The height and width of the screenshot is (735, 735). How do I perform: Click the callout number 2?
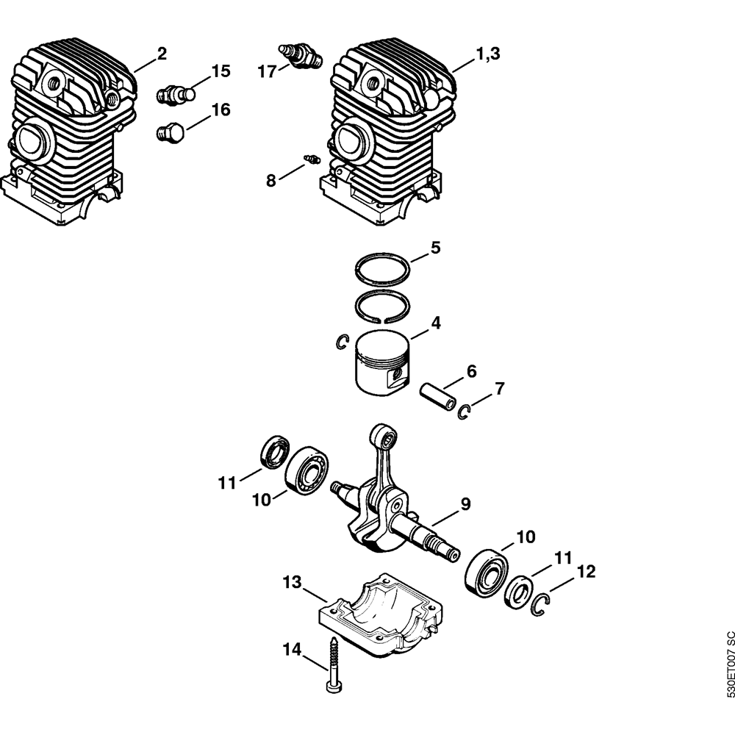pos(162,54)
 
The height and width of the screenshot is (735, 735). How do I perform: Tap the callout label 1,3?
pos(488,54)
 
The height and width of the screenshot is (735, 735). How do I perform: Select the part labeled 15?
pos(176,94)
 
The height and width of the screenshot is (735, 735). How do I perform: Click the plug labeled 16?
pos(170,132)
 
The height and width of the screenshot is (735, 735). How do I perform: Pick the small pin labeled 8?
pos(312,159)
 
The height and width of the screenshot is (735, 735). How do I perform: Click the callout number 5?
pos(435,248)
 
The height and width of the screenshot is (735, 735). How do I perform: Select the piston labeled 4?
pos(382,362)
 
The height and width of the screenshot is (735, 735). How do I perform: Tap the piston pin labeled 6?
pos(438,397)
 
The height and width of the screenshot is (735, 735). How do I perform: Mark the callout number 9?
pos(465,504)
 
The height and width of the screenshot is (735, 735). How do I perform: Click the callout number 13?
pos(292,583)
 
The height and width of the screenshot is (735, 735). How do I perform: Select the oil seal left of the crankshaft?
pos(274,451)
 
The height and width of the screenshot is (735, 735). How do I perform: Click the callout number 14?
pos(292,650)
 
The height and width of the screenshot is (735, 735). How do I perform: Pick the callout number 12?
pos(586,571)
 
